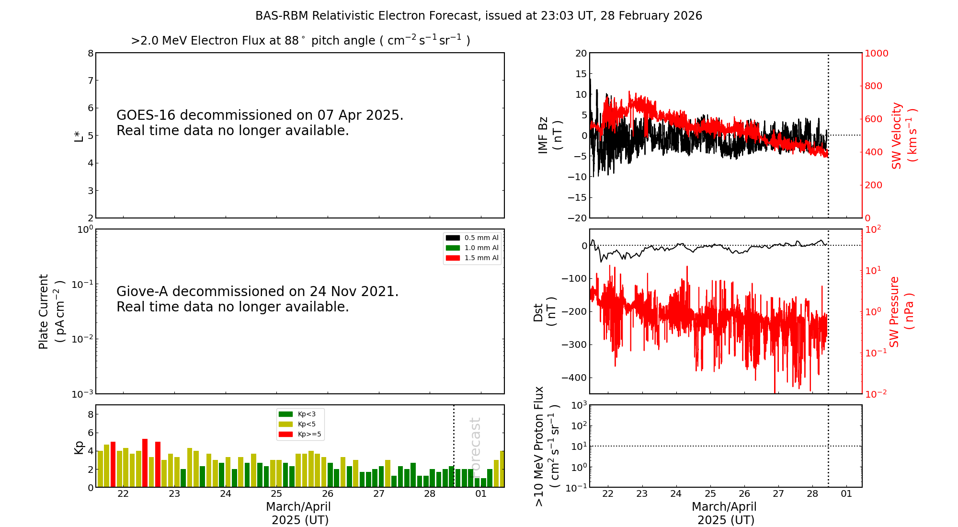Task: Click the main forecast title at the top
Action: coord(479,16)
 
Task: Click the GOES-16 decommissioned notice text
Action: coord(260,123)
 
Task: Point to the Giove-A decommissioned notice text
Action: coord(257,299)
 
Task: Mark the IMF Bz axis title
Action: coord(549,135)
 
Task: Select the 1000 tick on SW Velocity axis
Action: coord(876,53)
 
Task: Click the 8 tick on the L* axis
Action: coord(91,53)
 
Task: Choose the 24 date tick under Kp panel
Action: coord(225,494)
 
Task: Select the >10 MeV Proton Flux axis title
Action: coord(547,446)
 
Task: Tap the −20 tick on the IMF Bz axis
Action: coord(577,218)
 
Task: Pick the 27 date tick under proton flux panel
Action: coord(778,494)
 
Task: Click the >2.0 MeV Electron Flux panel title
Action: coord(300,41)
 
